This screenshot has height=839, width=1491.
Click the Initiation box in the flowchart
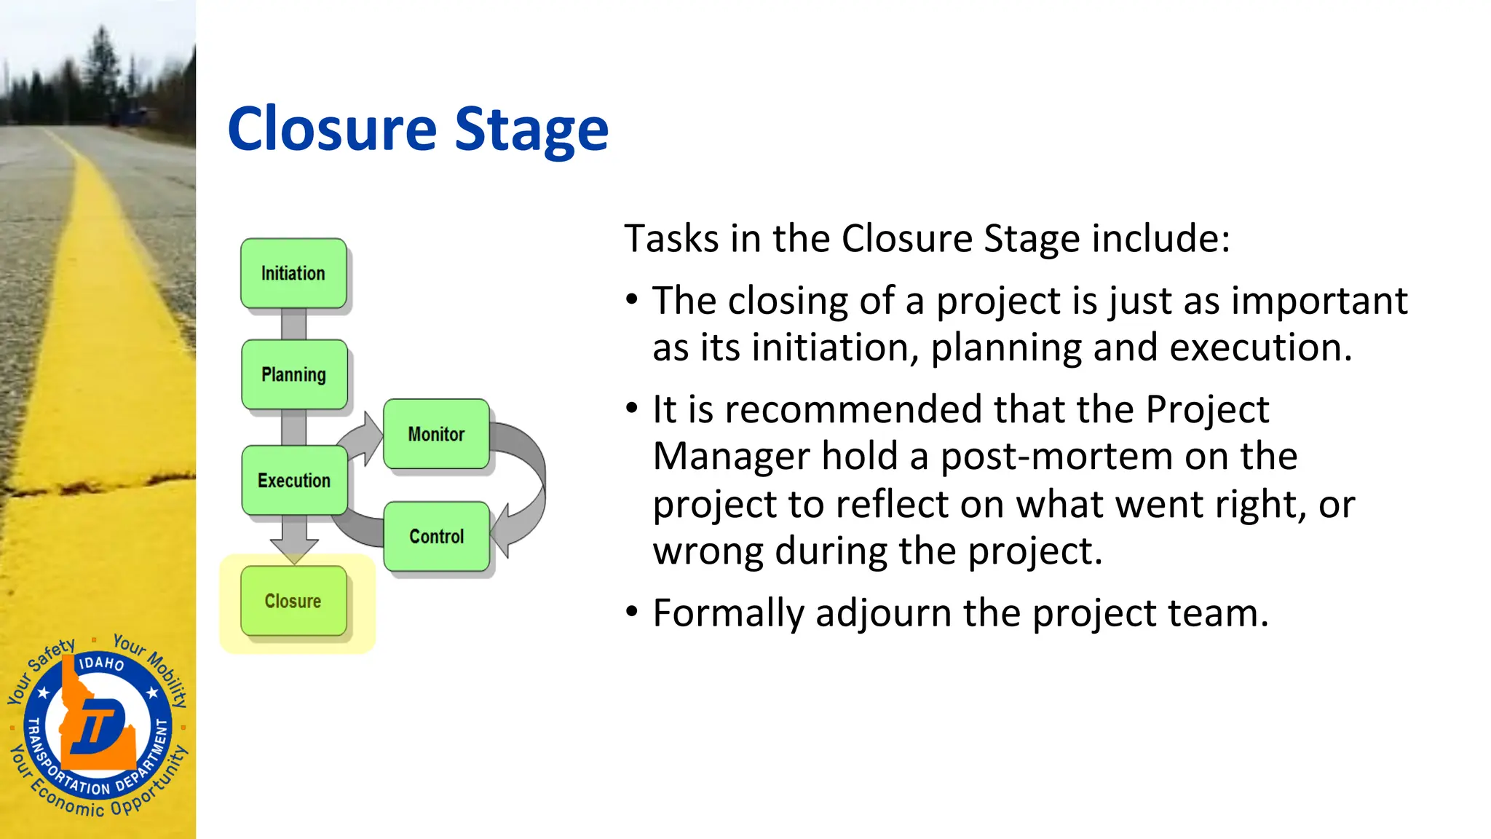point(293,274)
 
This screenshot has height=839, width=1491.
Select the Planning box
point(294,374)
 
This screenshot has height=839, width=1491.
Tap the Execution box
point(294,481)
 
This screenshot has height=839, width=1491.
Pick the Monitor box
point(436,434)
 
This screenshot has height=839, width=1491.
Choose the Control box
point(436,537)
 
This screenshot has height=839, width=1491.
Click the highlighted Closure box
point(293,602)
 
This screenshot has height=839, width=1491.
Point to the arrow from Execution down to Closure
point(294,539)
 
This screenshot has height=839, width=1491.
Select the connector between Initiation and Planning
point(293,323)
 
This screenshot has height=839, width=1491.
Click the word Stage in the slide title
point(531,130)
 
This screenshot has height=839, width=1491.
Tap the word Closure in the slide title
point(332,130)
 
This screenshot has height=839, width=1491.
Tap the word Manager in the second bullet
point(730,457)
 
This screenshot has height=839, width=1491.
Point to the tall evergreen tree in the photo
point(101,66)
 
